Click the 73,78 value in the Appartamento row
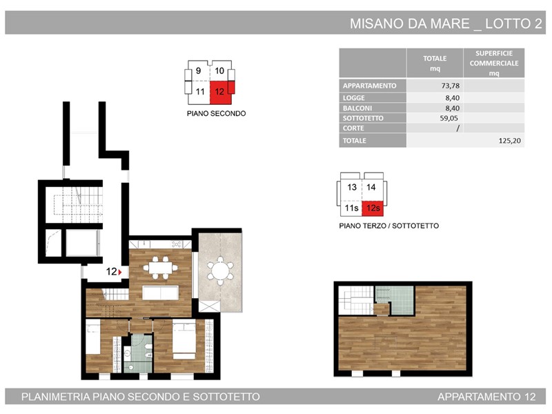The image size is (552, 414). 451,86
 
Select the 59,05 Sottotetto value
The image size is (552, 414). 449,118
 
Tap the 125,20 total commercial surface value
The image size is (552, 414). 510,141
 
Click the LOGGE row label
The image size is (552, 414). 354,98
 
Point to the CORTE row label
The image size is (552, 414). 353,128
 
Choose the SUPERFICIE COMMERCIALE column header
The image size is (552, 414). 494,63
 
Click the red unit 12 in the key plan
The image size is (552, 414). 221,92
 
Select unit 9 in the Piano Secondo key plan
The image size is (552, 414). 199,71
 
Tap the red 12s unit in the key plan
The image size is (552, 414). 373,208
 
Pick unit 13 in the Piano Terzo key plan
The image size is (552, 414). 352,187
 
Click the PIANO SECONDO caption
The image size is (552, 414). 216,114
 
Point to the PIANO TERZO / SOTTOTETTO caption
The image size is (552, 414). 389,226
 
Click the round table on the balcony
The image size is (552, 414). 220,270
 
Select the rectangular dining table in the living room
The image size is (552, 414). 161,268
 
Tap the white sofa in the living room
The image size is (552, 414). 160,293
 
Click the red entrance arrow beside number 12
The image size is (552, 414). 120,272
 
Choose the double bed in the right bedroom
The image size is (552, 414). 184,339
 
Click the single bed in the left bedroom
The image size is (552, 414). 93,337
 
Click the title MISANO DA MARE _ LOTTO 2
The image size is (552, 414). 446,23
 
